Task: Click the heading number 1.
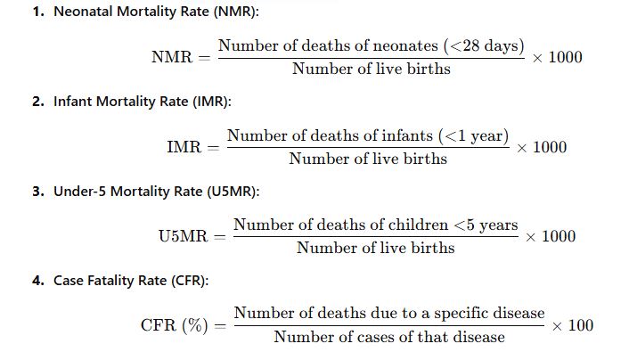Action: coord(36,13)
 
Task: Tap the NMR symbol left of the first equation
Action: coord(171,57)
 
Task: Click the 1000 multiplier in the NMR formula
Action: coord(565,57)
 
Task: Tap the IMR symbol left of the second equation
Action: coord(184,147)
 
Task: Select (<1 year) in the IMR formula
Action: coord(473,135)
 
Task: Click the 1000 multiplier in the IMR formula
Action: coord(549,147)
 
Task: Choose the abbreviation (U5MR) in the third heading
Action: coord(234,192)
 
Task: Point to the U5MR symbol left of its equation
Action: coord(183,236)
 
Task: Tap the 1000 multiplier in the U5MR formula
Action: coord(558,236)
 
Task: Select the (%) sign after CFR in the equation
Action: coord(195,325)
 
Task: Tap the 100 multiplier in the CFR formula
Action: coord(580,325)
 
